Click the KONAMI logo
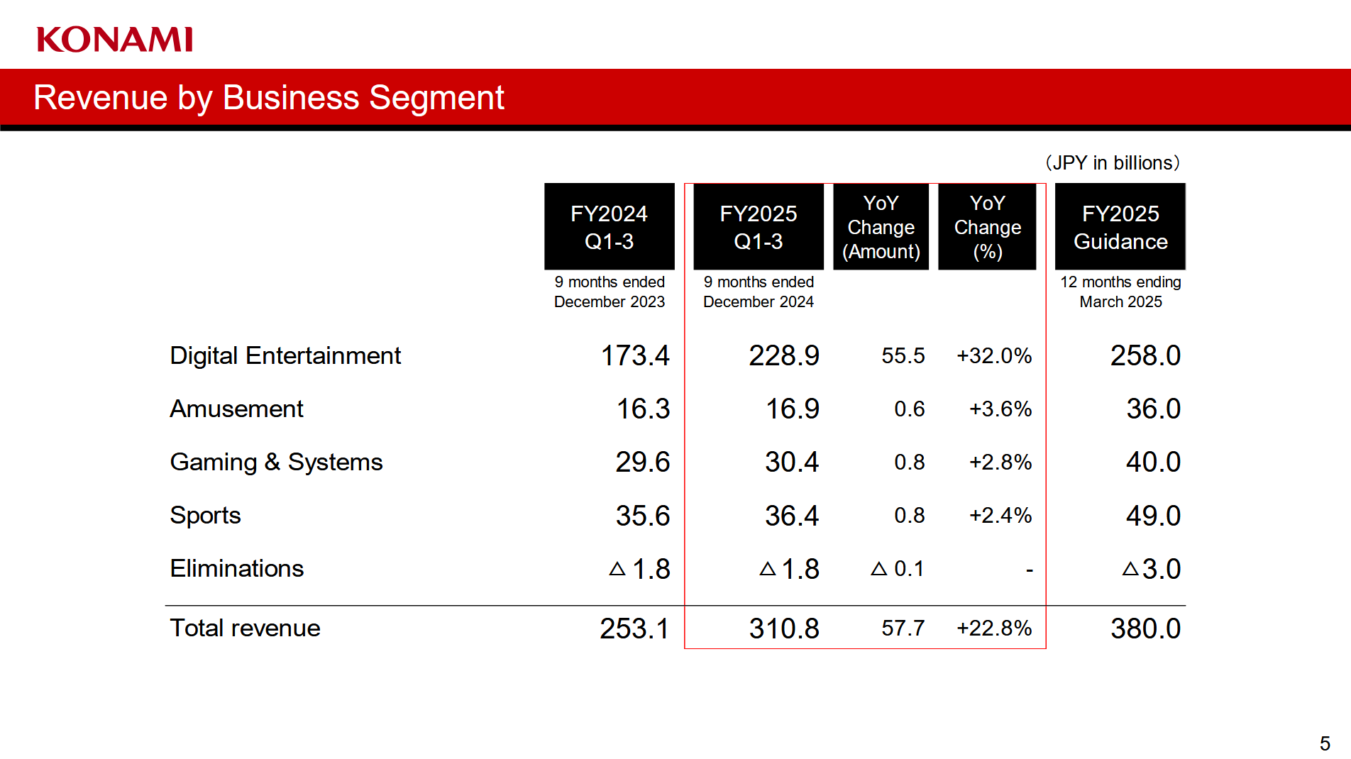tap(114, 40)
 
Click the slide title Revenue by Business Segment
tap(268, 98)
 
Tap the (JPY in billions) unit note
tap(1112, 163)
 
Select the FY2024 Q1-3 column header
tap(609, 227)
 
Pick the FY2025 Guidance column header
tap(1120, 227)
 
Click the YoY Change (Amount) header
tap(881, 227)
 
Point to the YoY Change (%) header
tap(987, 227)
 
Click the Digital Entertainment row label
tap(285, 355)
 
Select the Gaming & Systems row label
tap(276, 462)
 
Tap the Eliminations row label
tap(236, 568)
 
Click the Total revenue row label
tap(245, 628)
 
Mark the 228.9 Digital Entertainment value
tap(783, 355)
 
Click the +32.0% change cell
tap(993, 355)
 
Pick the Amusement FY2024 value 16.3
tap(643, 409)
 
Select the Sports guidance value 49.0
tap(1153, 516)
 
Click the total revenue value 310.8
tap(783, 628)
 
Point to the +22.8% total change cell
tap(993, 628)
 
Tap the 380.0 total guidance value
tap(1145, 628)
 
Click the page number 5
tap(1324, 743)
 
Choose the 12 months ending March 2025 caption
tap(1120, 292)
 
